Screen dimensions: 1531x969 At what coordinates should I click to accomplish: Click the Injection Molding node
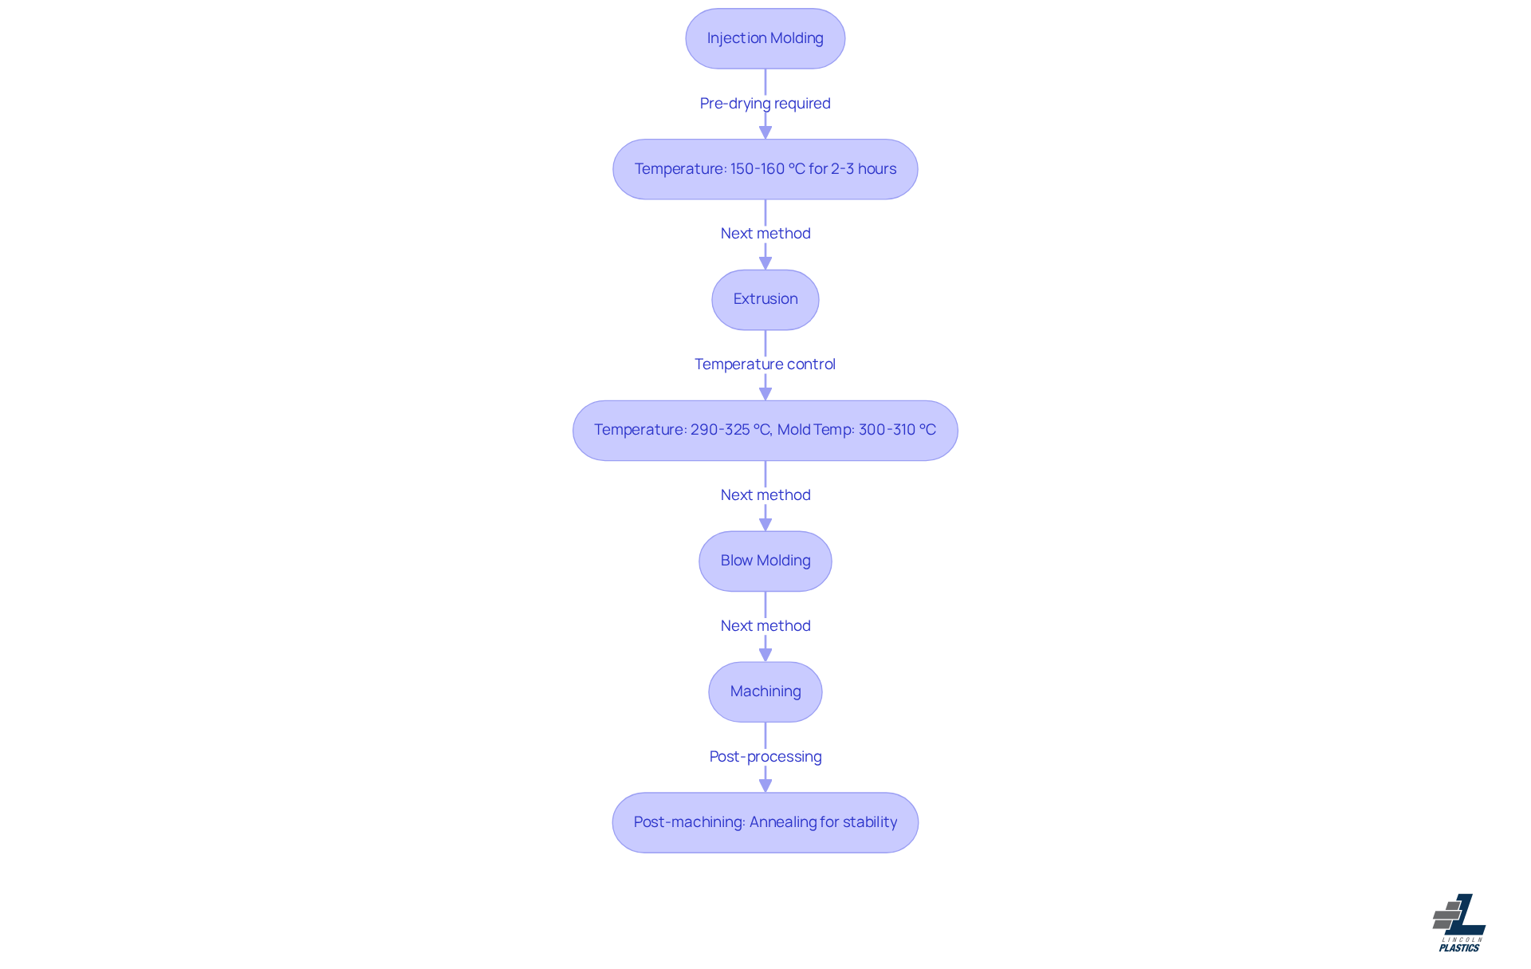[x=765, y=38]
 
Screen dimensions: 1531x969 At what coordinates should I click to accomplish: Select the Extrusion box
[x=765, y=299]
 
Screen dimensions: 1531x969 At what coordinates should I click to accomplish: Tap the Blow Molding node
[x=765, y=561]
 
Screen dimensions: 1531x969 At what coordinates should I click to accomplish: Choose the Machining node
[x=765, y=691]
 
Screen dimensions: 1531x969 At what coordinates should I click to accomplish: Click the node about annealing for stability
[x=765, y=822]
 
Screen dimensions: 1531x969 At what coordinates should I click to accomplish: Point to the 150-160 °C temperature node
[x=765, y=169]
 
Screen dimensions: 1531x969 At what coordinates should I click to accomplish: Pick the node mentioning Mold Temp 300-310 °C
[x=765, y=430]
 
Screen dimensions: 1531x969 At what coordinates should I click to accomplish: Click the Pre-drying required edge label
[x=765, y=104]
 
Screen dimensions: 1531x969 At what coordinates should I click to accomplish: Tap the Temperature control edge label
[x=765, y=364]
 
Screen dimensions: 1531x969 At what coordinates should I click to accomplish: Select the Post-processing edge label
[x=765, y=757]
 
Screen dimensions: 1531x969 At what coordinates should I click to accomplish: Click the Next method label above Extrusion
[x=765, y=234]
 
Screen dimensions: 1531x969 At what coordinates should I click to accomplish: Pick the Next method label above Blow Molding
[x=765, y=495]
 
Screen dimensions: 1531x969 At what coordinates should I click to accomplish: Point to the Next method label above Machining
[x=765, y=626]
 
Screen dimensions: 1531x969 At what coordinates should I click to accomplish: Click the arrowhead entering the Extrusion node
[x=765, y=263]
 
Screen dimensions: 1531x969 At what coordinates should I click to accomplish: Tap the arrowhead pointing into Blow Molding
[x=765, y=525]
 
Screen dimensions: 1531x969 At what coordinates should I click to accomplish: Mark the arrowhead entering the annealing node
[x=765, y=786]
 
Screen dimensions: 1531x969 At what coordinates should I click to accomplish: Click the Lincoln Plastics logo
[x=1459, y=923]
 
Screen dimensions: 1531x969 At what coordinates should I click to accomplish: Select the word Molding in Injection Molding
[x=797, y=38]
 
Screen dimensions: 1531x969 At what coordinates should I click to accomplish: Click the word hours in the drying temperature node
[x=877, y=169]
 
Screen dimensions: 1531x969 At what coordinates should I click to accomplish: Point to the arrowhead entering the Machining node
[x=765, y=656]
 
